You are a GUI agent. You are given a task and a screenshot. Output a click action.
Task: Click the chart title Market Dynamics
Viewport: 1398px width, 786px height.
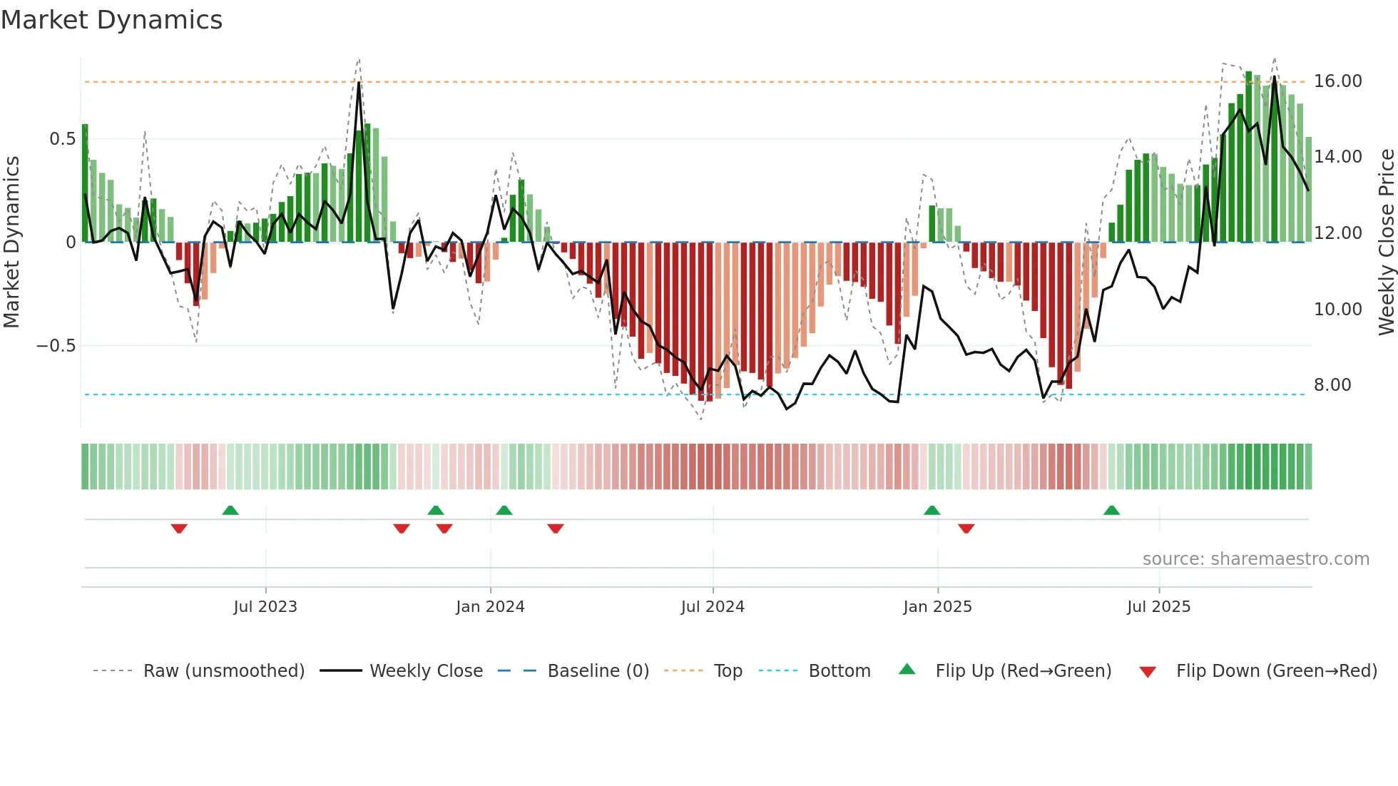click(x=111, y=20)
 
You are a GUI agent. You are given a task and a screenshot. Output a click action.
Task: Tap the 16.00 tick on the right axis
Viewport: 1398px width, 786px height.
click(x=1337, y=81)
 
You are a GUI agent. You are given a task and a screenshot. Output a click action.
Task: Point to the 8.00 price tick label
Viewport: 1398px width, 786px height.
click(x=1332, y=385)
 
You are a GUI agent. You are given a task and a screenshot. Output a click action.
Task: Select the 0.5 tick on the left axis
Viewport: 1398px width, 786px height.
click(x=62, y=139)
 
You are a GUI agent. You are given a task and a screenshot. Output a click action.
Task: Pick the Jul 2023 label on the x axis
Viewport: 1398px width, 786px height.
click(x=265, y=607)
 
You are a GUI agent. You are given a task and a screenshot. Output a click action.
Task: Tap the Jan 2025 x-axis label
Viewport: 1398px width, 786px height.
click(x=937, y=607)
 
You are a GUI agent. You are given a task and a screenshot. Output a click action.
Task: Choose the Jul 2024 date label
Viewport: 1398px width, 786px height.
click(x=713, y=607)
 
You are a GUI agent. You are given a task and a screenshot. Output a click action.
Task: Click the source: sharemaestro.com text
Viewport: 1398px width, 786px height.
click(x=1255, y=559)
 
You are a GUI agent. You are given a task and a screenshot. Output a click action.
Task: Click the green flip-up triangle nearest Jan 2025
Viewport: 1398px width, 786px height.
click(x=932, y=510)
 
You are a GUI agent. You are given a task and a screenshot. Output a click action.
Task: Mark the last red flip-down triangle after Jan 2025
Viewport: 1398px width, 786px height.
click(x=966, y=529)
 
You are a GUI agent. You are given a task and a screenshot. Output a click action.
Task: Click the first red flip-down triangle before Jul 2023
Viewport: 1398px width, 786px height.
click(x=179, y=529)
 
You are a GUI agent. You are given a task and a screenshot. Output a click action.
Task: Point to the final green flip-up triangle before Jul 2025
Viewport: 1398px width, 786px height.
click(x=1111, y=510)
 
